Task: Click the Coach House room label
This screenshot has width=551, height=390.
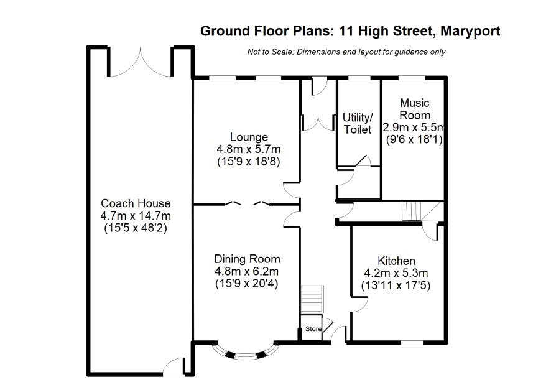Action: pos(136,203)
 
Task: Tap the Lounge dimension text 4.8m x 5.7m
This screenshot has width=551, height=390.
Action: pos(248,149)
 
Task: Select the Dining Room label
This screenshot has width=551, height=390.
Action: pos(248,259)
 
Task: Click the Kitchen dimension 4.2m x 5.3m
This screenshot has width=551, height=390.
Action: pos(396,273)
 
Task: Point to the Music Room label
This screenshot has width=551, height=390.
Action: pos(415,109)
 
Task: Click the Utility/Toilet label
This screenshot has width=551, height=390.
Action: pos(358,123)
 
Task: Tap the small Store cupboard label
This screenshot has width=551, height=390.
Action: pos(313,329)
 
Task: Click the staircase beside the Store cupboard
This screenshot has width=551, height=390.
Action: pos(312,300)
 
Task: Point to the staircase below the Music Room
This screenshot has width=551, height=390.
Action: pos(412,211)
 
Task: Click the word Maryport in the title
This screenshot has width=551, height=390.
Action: pos(470,31)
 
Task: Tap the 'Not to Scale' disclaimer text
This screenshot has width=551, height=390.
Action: pos(346,52)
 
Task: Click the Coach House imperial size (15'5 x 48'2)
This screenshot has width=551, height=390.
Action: pos(136,228)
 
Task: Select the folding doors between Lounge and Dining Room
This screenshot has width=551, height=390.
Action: pos(248,203)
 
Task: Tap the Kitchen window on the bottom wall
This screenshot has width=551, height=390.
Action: pos(412,342)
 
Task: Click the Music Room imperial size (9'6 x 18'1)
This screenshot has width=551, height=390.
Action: pos(414,140)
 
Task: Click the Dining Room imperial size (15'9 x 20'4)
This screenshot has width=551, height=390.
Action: pos(247,284)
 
